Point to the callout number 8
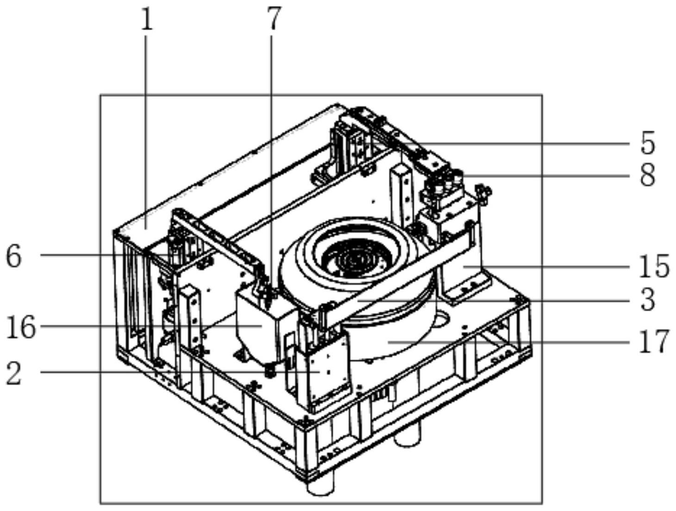tap(647, 175)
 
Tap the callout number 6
tap(14, 256)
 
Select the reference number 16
tap(21, 327)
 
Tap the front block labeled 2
tap(326, 370)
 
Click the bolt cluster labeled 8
tap(444, 185)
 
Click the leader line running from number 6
tap(105, 255)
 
